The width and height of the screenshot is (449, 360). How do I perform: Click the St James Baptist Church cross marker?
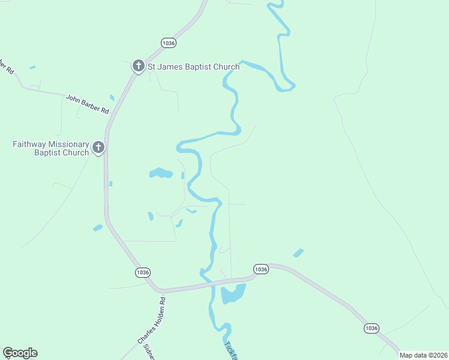pos(138,66)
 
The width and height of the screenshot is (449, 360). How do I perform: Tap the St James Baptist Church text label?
pos(193,67)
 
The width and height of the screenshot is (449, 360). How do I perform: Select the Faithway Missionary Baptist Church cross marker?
pos(98,148)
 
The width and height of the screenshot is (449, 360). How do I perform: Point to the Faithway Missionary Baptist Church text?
pos(51,148)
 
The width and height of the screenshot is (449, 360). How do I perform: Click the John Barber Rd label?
pos(88,104)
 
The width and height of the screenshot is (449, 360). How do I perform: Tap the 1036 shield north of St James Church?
pos(169,43)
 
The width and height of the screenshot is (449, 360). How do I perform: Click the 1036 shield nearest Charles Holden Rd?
pos(142,272)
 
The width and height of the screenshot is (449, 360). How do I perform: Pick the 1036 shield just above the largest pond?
pos(260,269)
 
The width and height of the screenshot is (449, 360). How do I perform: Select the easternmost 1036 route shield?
pos(371,328)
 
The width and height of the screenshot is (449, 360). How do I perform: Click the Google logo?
pos(20,353)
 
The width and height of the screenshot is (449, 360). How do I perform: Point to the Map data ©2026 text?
pos(423,355)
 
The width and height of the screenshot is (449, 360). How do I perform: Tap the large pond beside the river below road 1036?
pos(232,294)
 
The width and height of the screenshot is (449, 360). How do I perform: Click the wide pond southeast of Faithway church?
pos(160,173)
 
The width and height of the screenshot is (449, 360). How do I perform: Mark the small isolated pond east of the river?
pos(298,253)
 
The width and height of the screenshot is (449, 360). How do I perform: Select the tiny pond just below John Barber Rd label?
pos(112,97)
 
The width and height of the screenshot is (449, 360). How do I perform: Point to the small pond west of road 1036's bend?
pos(98,227)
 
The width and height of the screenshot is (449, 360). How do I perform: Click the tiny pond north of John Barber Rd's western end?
pos(32,67)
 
